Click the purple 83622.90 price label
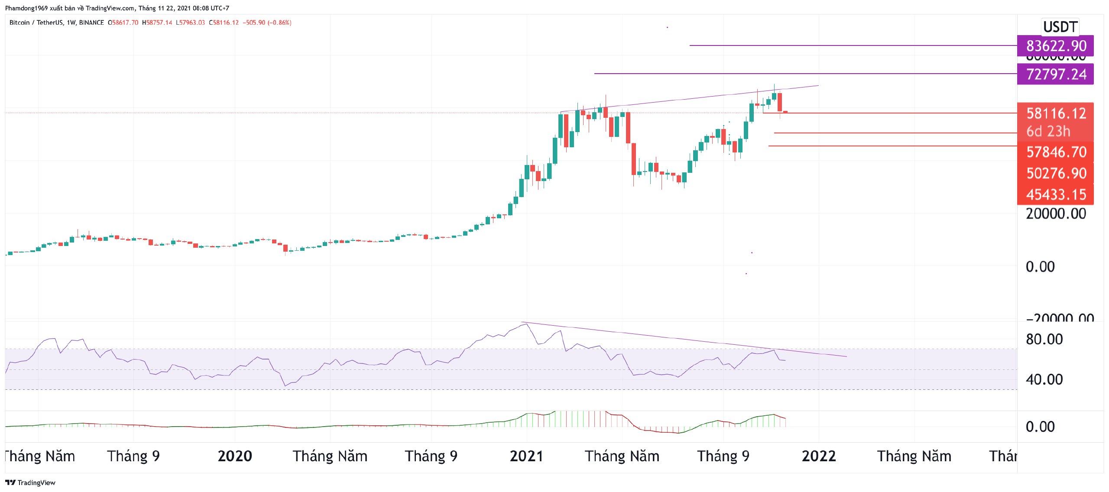click(x=1055, y=45)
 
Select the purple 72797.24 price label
click(x=1055, y=74)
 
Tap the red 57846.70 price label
click(x=1055, y=152)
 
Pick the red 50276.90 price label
click(x=1055, y=173)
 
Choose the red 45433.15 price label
click(x=1055, y=194)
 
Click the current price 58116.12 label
click(x=1055, y=113)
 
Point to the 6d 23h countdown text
click(x=1048, y=131)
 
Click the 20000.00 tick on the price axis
click(x=1055, y=214)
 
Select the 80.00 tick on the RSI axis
click(x=1044, y=339)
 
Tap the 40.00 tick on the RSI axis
click(x=1044, y=379)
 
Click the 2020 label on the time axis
click(x=235, y=456)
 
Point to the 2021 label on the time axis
click(x=526, y=456)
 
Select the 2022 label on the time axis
click(x=818, y=456)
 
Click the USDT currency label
click(x=1060, y=27)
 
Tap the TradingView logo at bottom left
click(x=30, y=482)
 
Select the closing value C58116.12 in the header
click(x=224, y=23)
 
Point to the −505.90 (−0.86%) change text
click(x=267, y=23)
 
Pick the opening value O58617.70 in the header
click(x=123, y=23)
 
